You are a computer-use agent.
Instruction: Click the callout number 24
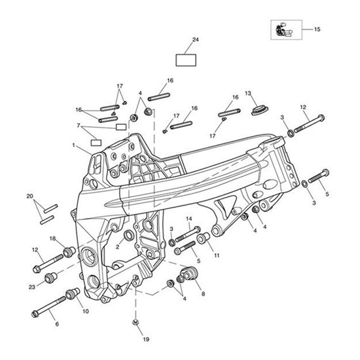(x=196, y=40)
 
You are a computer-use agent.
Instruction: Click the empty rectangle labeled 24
(x=186, y=60)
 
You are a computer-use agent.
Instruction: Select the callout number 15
(x=317, y=29)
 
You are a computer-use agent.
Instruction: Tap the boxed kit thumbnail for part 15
(x=286, y=30)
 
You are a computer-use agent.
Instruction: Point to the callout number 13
(x=248, y=93)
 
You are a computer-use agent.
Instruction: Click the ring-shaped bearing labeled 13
(x=261, y=111)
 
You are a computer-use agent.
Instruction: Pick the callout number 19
(x=146, y=339)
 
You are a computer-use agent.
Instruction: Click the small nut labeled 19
(x=135, y=322)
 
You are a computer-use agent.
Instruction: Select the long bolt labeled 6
(x=48, y=307)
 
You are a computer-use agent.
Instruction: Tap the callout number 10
(x=85, y=312)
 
